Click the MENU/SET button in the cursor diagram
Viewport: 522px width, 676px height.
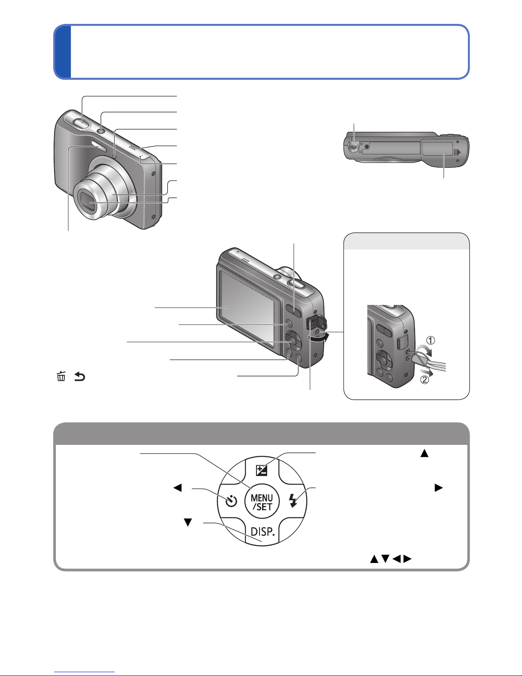point(262,502)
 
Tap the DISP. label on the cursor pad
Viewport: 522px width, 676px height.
point(262,531)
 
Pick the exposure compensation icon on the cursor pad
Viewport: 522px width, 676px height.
point(262,470)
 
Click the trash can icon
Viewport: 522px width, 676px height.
point(61,376)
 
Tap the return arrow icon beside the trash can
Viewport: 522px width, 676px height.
point(79,377)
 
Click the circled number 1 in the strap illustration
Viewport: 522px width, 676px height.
point(430,341)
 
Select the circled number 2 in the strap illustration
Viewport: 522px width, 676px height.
point(425,380)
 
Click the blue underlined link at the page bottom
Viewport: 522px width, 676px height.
point(84,671)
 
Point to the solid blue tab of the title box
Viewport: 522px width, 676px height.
point(63,52)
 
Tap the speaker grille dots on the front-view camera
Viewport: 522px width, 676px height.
point(132,148)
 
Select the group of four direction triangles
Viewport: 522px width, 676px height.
point(391,559)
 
